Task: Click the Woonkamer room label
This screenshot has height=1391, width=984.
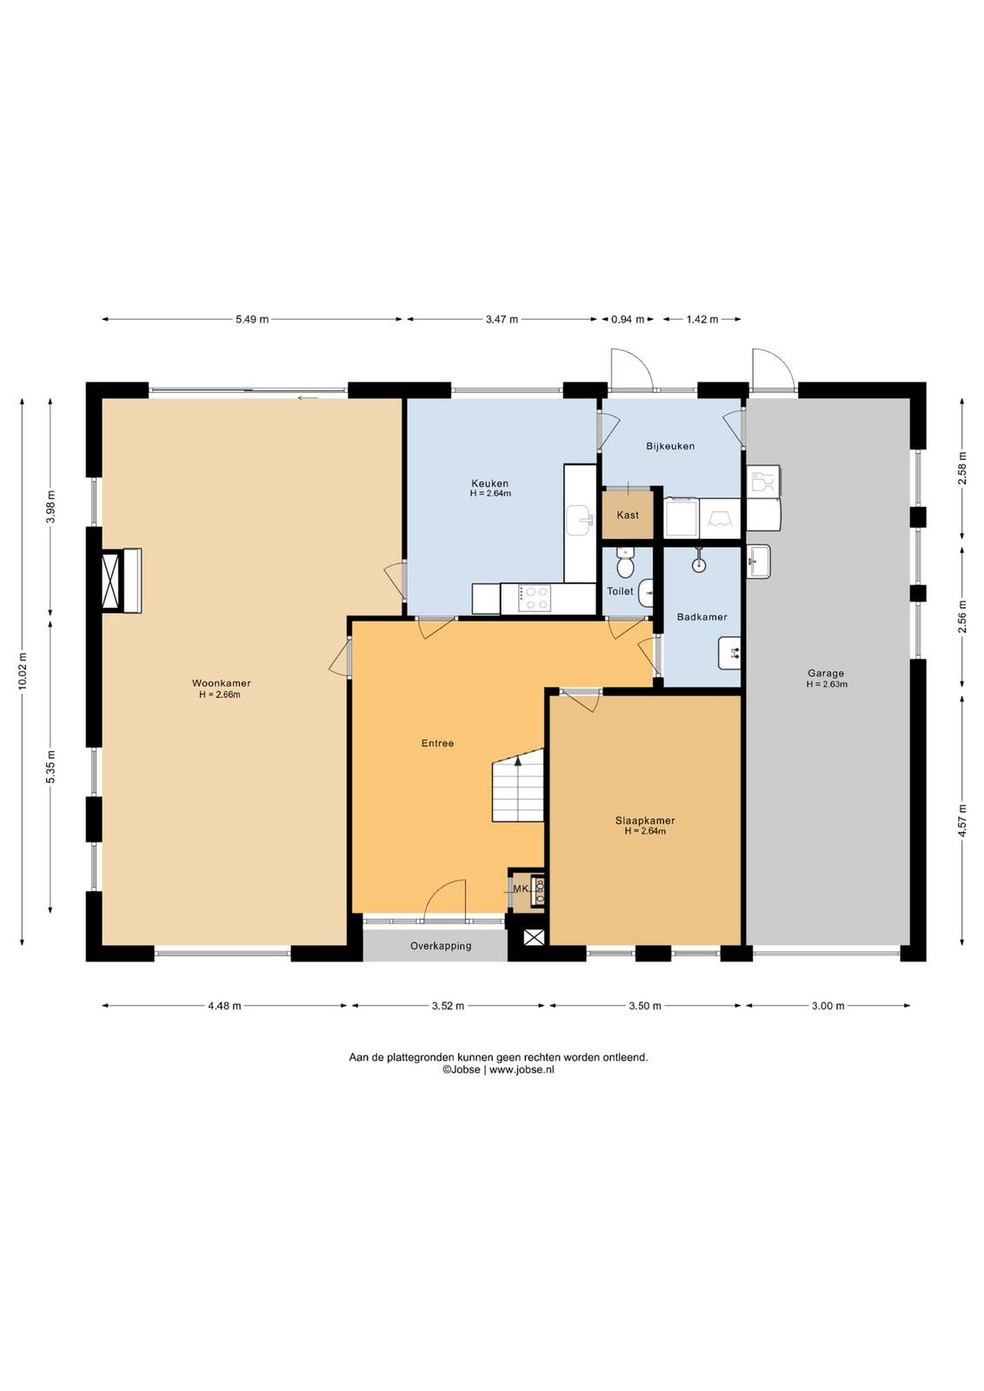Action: click(x=221, y=683)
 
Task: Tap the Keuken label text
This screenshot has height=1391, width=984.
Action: click(x=490, y=483)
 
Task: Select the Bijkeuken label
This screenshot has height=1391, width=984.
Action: click(x=670, y=446)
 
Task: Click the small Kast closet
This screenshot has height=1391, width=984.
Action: click(x=628, y=515)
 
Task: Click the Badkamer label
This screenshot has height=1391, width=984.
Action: click(x=701, y=616)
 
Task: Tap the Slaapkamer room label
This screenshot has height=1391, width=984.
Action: click(x=645, y=821)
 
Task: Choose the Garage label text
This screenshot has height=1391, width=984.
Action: click(x=826, y=673)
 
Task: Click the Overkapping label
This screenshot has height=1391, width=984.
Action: click(x=440, y=946)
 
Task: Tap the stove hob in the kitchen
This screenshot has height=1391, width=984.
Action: click(x=534, y=598)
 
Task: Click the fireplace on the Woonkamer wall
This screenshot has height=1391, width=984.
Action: click(x=122, y=581)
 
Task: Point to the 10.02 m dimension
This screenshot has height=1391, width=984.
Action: click(x=23, y=671)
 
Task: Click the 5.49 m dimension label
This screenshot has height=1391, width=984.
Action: click(x=251, y=319)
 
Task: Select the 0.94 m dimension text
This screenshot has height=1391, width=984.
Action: click(x=628, y=319)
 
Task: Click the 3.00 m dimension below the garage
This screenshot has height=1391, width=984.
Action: click(x=828, y=1005)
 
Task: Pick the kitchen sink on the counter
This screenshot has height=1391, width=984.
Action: click(x=579, y=520)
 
